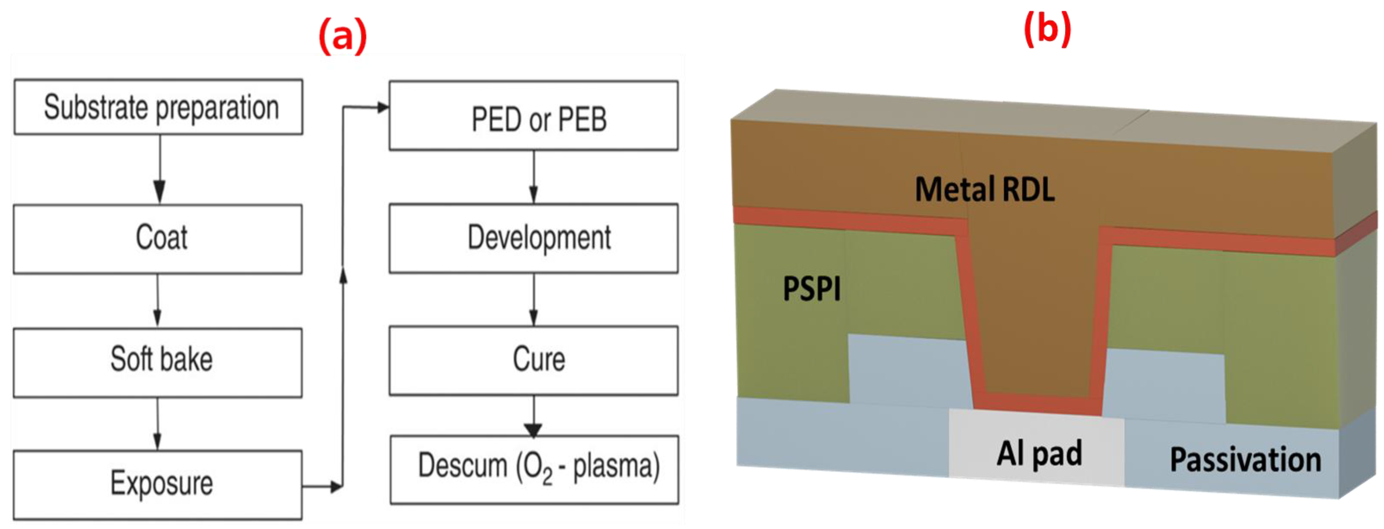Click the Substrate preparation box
[x=158, y=107]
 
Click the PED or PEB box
[x=534, y=115]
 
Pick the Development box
[x=534, y=238]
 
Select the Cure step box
[x=534, y=360]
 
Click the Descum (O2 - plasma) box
[x=535, y=469]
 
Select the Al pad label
[x=1039, y=453]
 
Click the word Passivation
[x=1246, y=460]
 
